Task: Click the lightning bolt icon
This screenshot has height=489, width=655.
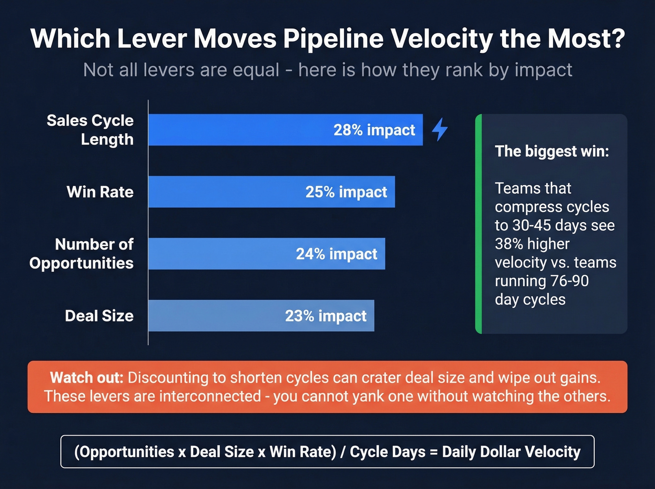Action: tap(439, 129)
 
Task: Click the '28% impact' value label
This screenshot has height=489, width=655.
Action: tap(374, 130)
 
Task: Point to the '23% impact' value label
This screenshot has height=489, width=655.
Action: tap(326, 316)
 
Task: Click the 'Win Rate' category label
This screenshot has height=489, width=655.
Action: tap(100, 192)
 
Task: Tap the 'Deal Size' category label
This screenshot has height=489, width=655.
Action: tap(99, 316)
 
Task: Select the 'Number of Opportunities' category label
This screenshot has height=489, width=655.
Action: tap(82, 254)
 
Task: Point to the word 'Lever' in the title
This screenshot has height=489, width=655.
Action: tap(152, 38)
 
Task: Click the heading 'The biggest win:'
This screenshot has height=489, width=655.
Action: tap(552, 151)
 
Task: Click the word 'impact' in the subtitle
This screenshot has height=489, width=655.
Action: tap(543, 70)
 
